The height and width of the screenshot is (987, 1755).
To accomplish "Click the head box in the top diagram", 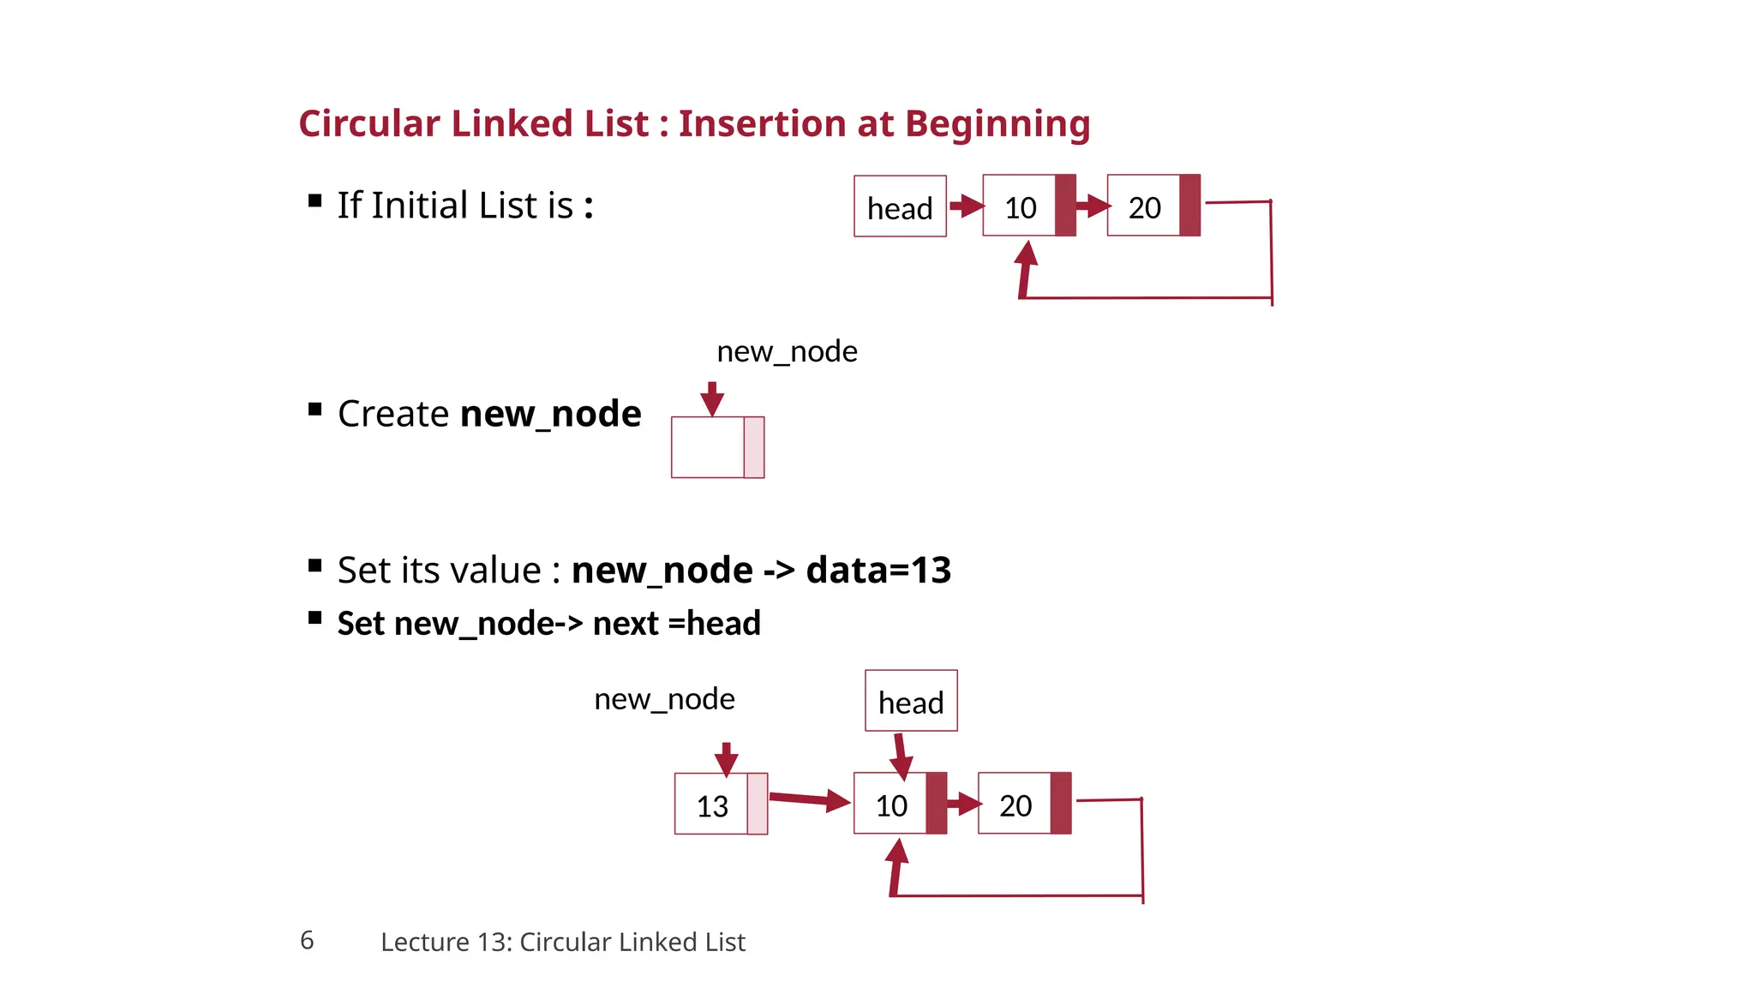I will coord(900,206).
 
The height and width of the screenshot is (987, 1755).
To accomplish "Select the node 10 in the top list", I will coord(1027,206).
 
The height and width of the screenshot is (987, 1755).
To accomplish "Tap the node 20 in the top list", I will coord(1153,206).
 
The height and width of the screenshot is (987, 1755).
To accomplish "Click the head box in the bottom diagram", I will coord(910,701).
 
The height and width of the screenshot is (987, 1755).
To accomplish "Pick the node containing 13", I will coord(720,804).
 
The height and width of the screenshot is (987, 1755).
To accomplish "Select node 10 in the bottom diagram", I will coord(899,804).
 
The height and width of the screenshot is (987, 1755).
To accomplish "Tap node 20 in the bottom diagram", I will coord(1023,804).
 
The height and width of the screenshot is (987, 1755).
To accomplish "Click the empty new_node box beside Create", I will coord(717,447).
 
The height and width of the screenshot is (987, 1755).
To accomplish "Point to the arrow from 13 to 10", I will coord(809,800).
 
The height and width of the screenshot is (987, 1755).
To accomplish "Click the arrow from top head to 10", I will coord(967,206).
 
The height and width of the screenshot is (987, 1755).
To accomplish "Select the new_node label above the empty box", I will coord(787,351).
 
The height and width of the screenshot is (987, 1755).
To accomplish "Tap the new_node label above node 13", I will coord(664,699).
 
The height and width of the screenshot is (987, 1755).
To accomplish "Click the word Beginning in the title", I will coord(997,124).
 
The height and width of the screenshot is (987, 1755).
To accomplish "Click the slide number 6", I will coord(307,940).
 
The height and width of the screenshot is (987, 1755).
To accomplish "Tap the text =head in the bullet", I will coord(714,624).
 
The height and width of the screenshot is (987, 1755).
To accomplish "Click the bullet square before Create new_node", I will coord(314,410).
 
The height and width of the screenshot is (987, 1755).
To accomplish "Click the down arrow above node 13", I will coord(727,758).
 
